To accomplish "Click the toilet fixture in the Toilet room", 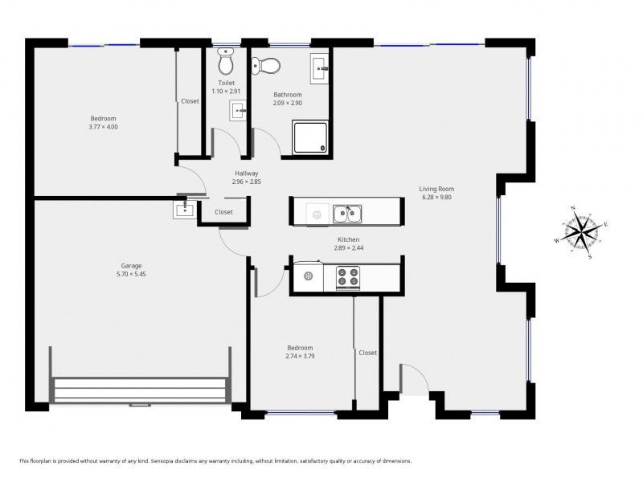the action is click(225, 61).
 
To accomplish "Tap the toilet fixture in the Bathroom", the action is click(266, 66).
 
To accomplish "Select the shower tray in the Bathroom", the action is click(310, 137).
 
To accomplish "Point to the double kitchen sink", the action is click(347, 214).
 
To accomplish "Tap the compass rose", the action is click(580, 232).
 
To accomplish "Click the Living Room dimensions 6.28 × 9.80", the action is click(436, 197).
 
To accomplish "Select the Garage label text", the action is click(131, 266).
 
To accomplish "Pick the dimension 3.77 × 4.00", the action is click(104, 127).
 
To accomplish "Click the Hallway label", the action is click(247, 174).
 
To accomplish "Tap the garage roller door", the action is click(140, 390).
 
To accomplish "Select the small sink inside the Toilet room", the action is click(238, 110).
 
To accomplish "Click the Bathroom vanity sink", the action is click(319, 68).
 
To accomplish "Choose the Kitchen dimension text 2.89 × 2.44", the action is click(349, 248).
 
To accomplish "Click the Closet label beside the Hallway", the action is click(223, 212).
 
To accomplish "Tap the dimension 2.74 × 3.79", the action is click(300, 356).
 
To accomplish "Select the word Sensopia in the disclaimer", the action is click(162, 461).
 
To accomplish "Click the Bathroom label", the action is click(288, 95).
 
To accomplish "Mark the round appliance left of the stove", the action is click(309, 276).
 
